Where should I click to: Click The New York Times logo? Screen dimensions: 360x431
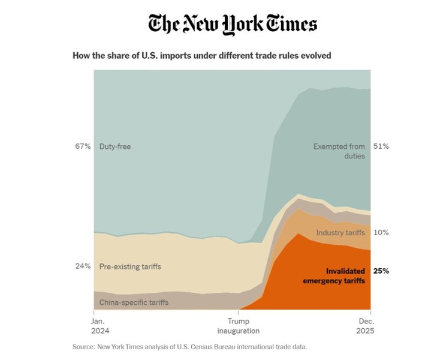233,24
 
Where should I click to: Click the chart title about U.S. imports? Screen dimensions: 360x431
201,56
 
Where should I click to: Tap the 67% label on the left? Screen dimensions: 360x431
83,146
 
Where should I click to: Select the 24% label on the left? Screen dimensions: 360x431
83,266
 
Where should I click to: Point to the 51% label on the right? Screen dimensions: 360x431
381,146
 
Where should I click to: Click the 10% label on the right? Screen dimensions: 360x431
381,232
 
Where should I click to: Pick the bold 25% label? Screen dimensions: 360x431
381,271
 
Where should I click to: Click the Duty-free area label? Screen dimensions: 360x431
115,146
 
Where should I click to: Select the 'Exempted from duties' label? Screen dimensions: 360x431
339,151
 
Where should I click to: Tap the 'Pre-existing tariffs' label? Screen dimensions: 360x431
130,266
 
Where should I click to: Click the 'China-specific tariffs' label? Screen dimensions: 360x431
134,302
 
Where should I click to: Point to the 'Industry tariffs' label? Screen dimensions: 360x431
340,233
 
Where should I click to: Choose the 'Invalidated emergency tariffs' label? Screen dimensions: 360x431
337,276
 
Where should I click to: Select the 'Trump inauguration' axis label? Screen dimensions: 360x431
239,326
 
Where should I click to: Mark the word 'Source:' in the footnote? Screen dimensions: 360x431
83,347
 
